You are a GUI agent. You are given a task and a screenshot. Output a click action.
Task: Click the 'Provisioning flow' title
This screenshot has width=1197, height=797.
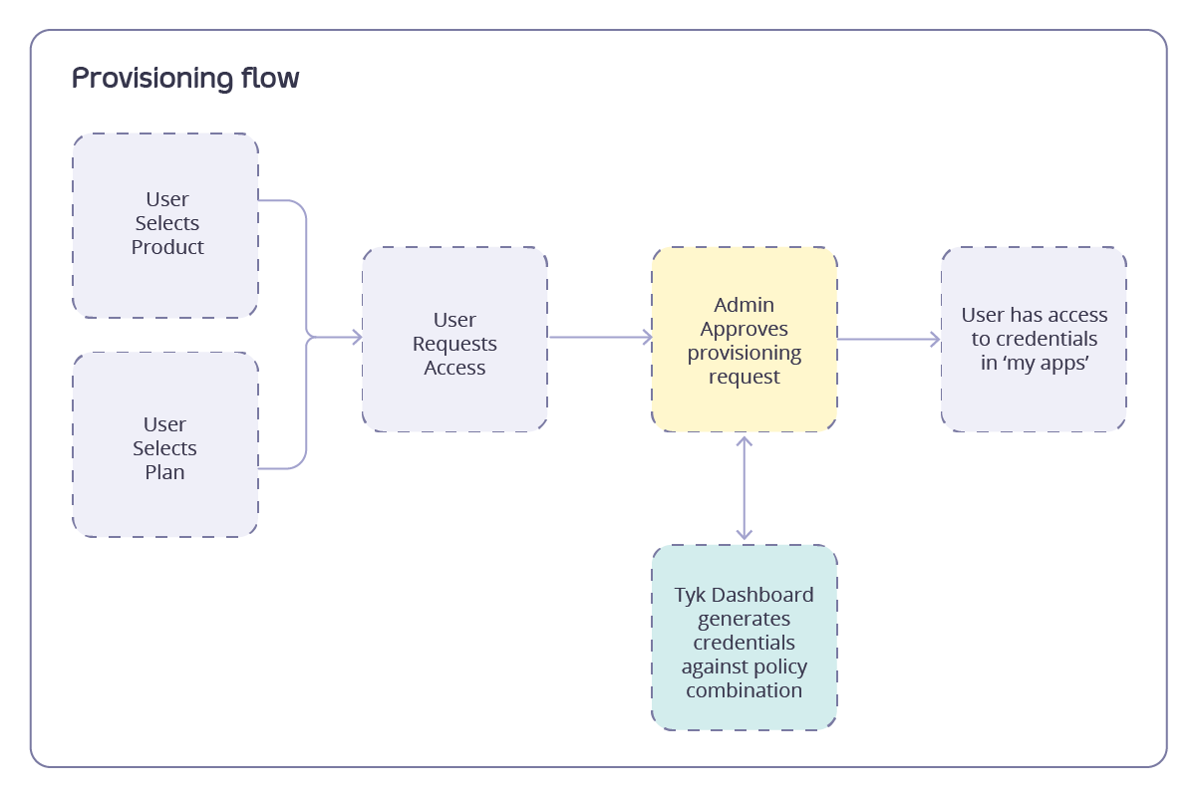185,79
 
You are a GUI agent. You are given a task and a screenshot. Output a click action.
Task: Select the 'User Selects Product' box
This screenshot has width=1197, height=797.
165,225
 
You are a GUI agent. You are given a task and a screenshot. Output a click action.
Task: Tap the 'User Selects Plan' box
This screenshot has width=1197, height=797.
165,445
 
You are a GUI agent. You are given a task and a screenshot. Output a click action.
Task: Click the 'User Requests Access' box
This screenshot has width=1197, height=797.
454,340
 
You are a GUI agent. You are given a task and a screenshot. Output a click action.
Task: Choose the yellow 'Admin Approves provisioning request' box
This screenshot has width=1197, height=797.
745,340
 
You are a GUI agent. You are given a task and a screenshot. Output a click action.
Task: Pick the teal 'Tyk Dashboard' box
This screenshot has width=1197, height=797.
745,638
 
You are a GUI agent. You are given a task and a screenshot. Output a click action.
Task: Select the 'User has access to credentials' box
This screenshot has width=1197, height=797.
1034,340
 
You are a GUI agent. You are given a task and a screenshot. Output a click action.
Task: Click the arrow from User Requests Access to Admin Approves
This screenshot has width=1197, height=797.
599,338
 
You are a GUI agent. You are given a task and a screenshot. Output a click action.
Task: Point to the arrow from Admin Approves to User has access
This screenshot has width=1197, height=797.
888,340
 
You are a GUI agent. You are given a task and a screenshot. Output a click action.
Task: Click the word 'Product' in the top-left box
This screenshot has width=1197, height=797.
167,247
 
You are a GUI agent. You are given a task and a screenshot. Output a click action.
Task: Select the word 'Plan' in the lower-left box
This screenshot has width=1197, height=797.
164,472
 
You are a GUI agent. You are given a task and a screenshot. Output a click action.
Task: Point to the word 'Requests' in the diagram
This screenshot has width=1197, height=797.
454,344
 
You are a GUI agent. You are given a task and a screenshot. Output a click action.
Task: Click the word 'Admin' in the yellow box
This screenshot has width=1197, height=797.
745,305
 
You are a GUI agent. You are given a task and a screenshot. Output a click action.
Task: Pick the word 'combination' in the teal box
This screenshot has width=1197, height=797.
745,690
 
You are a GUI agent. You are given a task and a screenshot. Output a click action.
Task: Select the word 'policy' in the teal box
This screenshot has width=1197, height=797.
772,666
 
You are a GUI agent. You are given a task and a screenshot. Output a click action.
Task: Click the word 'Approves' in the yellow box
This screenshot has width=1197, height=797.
745,329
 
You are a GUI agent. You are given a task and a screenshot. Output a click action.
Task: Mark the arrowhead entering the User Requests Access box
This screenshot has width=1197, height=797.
356,338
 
